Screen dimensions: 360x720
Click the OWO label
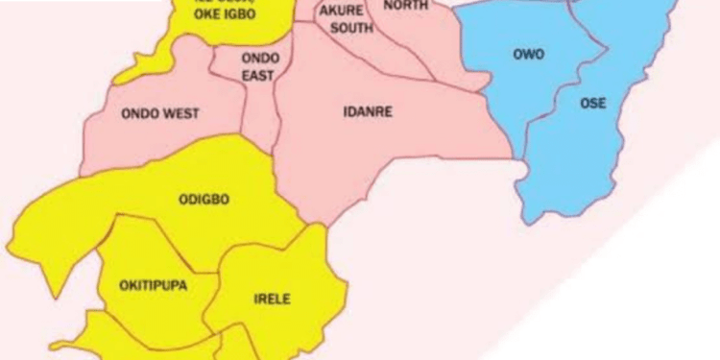pos(527,55)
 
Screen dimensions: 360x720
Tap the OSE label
pos(592,104)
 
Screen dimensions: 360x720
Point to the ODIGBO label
pos(204,200)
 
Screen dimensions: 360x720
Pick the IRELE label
pos(271,299)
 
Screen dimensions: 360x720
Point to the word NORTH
pos(405,6)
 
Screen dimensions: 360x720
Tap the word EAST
pos(257,75)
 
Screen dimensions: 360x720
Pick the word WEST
pos(182,114)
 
